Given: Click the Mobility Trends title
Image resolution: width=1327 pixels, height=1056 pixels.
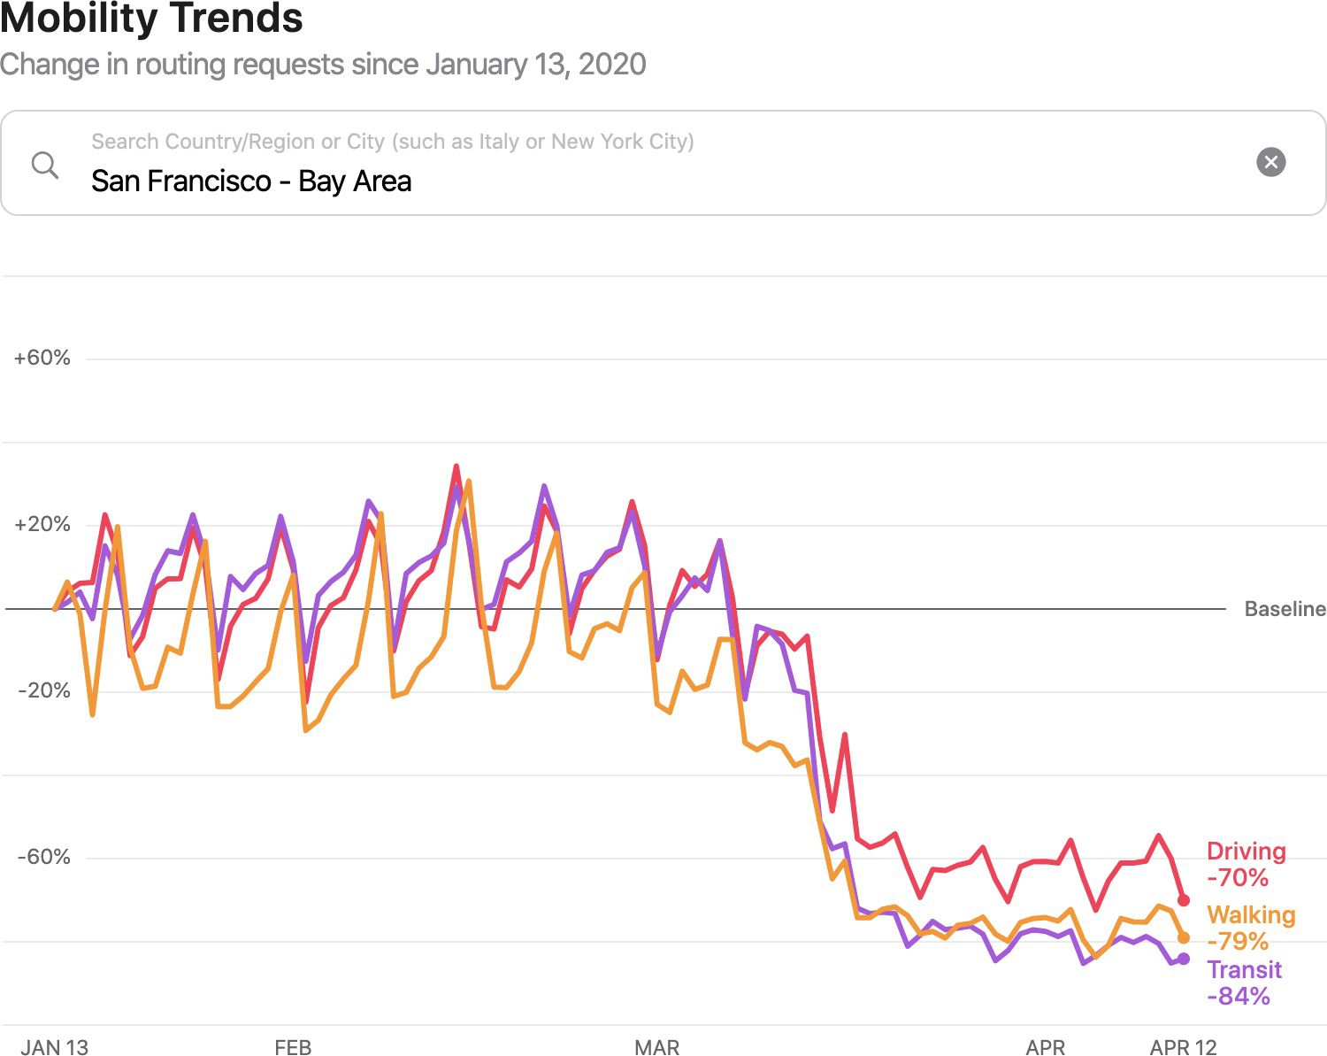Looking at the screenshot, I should click(151, 19).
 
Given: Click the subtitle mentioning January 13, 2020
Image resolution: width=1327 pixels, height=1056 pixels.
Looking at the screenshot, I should click(323, 65).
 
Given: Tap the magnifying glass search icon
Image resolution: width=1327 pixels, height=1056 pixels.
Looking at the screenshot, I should click(44, 165).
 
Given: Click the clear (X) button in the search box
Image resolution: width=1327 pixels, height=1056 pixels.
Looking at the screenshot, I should click(1270, 162).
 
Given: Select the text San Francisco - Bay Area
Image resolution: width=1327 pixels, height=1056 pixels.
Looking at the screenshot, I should click(251, 181).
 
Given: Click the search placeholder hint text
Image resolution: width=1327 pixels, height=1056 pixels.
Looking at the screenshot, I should click(392, 142).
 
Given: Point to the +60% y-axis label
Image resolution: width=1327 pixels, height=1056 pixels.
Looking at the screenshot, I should click(42, 358).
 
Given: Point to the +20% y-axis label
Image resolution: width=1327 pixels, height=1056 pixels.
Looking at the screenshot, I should click(42, 524).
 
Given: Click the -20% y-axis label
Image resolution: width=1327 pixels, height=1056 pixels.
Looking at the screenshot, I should click(43, 690).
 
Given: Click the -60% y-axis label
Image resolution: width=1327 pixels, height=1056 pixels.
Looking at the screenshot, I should click(43, 857).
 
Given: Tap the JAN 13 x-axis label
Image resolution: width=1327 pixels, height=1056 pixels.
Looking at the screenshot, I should click(54, 1047).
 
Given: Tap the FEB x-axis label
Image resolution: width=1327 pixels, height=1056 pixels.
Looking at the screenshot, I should click(293, 1047).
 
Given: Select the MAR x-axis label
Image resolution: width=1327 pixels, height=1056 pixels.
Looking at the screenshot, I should click(656, 1047).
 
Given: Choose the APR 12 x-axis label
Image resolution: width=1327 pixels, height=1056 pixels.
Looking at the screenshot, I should click(1183, 1047).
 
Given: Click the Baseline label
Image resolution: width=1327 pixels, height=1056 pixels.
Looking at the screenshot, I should click(1285, 609).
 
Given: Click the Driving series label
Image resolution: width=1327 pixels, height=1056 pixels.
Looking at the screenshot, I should click(1246, 852).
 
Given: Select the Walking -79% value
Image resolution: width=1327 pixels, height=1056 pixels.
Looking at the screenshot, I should click(1238, 941).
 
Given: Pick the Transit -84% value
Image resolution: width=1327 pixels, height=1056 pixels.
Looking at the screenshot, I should click(1239, 996).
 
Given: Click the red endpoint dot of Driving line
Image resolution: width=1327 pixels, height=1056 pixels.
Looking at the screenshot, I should click(1184, 900).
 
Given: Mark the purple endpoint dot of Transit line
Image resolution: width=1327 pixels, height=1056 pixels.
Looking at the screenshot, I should click(1184, 959).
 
